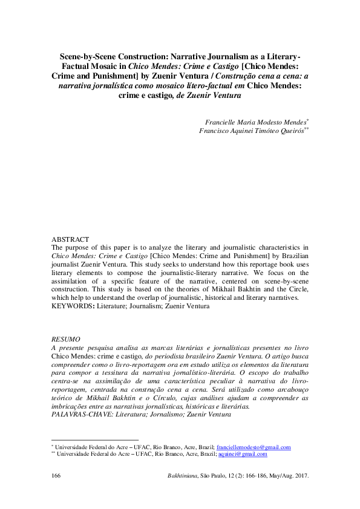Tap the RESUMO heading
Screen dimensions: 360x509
coord(65,340)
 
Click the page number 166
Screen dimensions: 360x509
coord(56,476)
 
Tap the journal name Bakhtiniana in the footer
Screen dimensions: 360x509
coord(185,476)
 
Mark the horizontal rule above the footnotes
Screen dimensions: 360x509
coord(95,440)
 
